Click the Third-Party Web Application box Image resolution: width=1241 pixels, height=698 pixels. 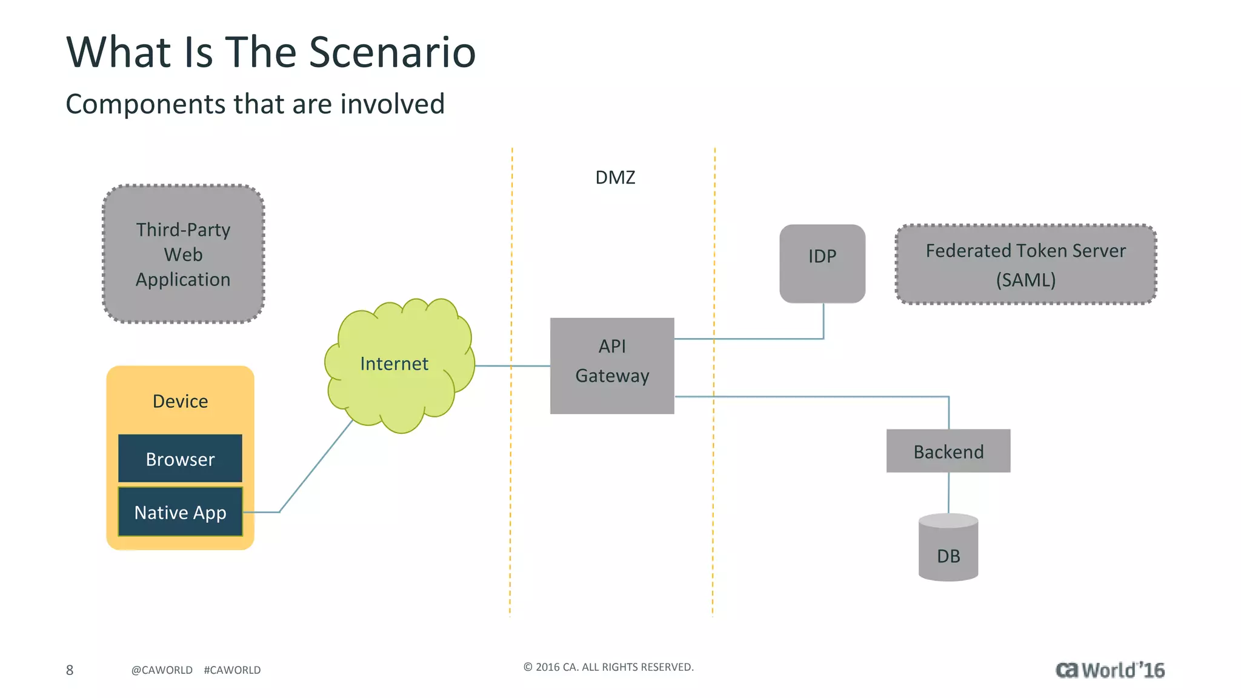(x=183, y=254)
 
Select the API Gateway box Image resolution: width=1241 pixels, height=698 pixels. (x=612, y=365)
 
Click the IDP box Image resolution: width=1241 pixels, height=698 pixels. (x=822, y=264)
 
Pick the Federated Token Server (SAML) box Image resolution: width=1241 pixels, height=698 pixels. (x=1025, y=264)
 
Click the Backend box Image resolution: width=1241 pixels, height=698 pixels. (x=948, y=451)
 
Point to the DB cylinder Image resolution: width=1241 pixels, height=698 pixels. (x=948, y=548)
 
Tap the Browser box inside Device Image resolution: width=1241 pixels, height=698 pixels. (x=180, y=459)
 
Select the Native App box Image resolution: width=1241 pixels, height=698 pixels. (x=180, y=512)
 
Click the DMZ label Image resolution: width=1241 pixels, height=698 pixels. (x=615, y=178)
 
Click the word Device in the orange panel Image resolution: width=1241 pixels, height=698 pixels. (x=180, y=401)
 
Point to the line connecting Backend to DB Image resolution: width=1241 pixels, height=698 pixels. (x=948, y=492)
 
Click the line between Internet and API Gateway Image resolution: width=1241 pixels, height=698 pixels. (x=512, y=366)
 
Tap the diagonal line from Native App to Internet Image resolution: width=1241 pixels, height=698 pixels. (x=315, y=467)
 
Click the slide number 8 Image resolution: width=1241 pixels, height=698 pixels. (x=70, y=670)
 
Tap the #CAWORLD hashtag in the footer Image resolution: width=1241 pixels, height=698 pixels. (x=232, y=670)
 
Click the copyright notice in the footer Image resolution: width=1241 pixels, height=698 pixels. (x=608, y=667)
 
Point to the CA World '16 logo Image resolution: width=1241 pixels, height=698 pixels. (x=1110, y=670)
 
